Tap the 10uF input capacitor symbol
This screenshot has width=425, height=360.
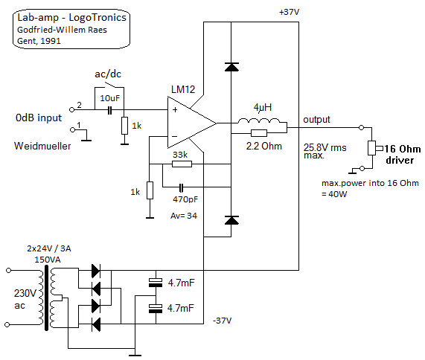tap(109, 110)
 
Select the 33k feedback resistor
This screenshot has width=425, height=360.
tap(182, 164)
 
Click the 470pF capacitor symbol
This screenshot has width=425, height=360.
tap(182, 187)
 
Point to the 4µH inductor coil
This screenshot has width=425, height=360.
tap(258, 121)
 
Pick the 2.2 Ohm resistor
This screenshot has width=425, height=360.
tap(259, 133)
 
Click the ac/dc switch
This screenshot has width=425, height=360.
tap(109, 85)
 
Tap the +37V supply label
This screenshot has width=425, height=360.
tap(289, 12)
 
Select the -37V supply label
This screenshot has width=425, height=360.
tap(223, 321)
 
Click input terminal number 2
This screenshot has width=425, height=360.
tap(72, 109)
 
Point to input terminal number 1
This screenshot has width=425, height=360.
tap(72, 130)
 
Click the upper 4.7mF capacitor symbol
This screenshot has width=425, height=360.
tap(156, 283)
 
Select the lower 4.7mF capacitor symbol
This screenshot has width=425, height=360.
tap(156, 309)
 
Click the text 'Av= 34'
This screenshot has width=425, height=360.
tap(184, 216)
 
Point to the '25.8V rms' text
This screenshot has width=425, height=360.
tap(325, 147)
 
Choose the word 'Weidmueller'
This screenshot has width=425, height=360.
tap(42, 146)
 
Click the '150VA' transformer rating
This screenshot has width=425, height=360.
tap(48, 260)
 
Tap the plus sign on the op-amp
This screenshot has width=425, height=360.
tap(175, 109)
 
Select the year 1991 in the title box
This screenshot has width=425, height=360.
tap(51, 41)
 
